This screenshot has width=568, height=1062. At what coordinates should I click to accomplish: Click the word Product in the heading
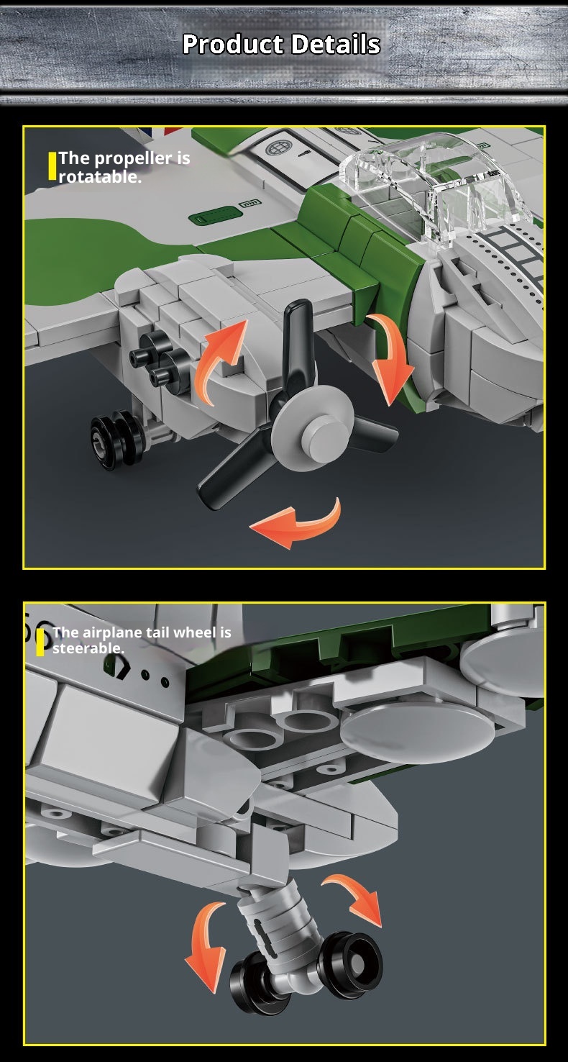(233, 44)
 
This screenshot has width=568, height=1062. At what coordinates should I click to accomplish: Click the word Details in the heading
(336, 44)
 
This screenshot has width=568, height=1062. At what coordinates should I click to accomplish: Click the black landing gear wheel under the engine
(116, 440)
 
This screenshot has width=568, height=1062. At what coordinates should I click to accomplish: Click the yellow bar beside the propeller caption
(52, 166)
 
